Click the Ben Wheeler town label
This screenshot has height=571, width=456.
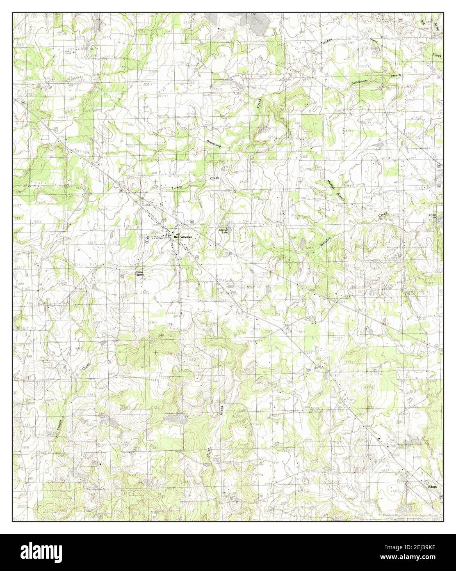[x=182, y=237]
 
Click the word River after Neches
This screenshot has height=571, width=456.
[x=374, y=40]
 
